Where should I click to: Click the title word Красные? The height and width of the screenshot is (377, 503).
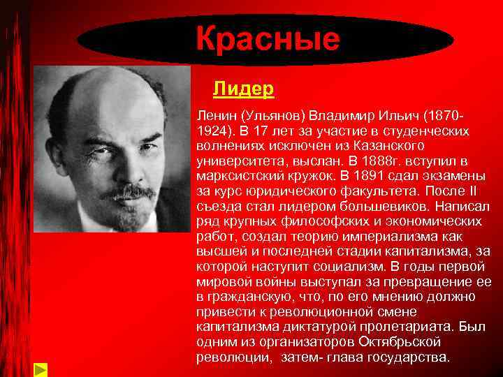point(268,40)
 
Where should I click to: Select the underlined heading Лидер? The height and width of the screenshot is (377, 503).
point(242,89)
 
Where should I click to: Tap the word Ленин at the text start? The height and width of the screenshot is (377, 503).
point(216,114)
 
